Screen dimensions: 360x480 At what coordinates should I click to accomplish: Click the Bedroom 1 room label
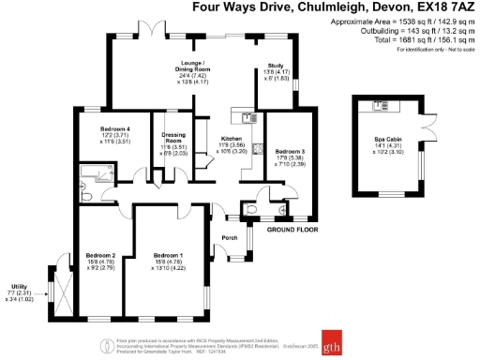[x=168, y=255]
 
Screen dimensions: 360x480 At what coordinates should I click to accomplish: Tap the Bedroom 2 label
[x=100, y=255]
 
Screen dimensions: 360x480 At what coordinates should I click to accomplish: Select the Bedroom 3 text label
[x=290, y=150]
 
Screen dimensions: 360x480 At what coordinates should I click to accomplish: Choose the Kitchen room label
[x=232, y=137]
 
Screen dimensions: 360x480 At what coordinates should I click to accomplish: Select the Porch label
[x=228, y=237]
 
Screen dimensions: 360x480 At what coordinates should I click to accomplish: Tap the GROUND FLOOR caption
[x=292, y=229]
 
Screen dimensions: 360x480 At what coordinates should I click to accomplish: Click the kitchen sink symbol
[x=247, y=117]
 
